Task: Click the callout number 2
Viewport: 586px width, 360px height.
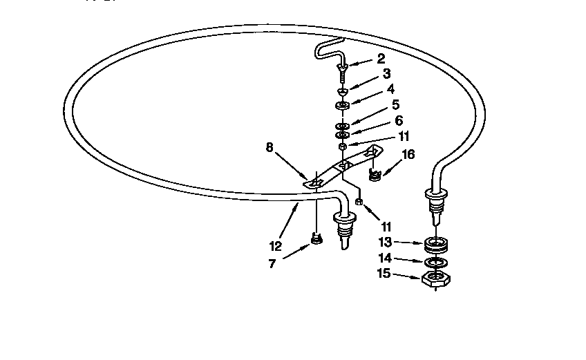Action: click(381, 59)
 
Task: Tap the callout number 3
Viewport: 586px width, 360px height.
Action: click(386, 74)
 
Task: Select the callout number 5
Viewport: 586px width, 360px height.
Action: click(395, 104)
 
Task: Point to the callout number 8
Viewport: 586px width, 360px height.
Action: click(270, 148)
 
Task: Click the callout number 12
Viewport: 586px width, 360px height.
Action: click(276, 247)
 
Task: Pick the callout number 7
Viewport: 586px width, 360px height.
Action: click(272, 264)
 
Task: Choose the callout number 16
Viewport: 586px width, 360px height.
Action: click(408, 154)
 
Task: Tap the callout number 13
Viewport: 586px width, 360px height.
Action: click(385, 243)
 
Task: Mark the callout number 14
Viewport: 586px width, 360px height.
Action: click(385, 258)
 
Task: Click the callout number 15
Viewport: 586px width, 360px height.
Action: click(384, 273)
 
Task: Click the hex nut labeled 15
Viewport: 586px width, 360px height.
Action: click(436, 279)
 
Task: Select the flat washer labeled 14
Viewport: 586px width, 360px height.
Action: click(436, 263)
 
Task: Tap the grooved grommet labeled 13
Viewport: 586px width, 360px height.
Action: click(436, 245)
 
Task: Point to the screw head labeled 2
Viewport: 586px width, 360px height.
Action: click(342, 67)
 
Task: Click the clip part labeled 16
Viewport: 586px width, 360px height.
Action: click(374, 174)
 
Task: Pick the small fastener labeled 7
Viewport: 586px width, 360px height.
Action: click(316, 238)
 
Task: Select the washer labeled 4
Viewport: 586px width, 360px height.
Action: click(342, 106)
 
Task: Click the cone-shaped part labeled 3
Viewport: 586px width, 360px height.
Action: click(342, 91)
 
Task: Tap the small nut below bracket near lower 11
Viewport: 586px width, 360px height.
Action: click(359, 202)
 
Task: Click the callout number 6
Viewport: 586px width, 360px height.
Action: click(399, 120)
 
